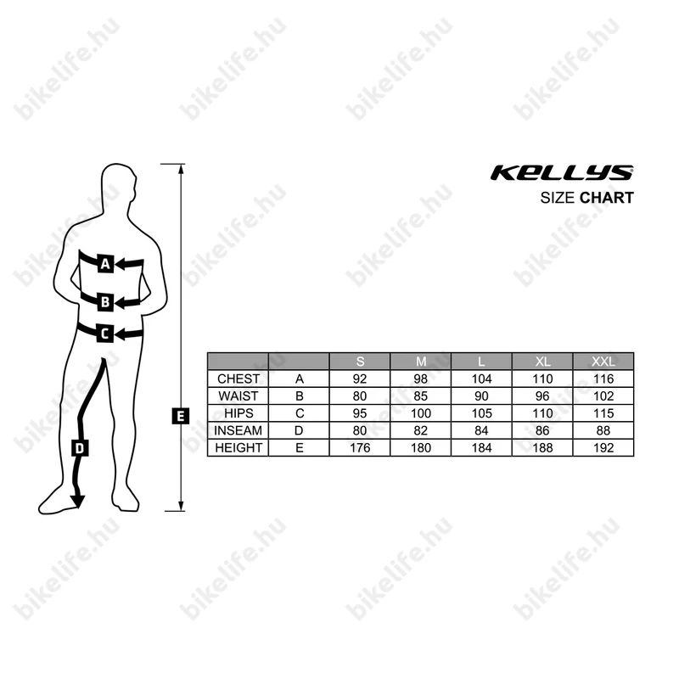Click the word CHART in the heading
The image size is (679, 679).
[607, 199]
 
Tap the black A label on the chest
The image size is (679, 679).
[105, 264]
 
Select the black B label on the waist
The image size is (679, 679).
[105, 300]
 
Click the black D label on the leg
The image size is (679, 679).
[79, 449]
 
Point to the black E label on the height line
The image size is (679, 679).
[180, 416]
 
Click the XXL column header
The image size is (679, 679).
[603, 361]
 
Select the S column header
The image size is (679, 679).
[360, 361]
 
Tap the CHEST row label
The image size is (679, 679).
[238, 379]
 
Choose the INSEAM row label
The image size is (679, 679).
[238, 430]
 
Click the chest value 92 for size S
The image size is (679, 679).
[360, 379]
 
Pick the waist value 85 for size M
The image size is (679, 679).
[421, 396]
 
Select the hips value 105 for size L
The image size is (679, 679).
[481, 413]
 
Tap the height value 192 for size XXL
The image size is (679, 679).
[603, 447]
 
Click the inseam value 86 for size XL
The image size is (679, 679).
[542, 430]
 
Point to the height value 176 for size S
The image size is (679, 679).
[360, 447]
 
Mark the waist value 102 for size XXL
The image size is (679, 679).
[603, 396]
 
